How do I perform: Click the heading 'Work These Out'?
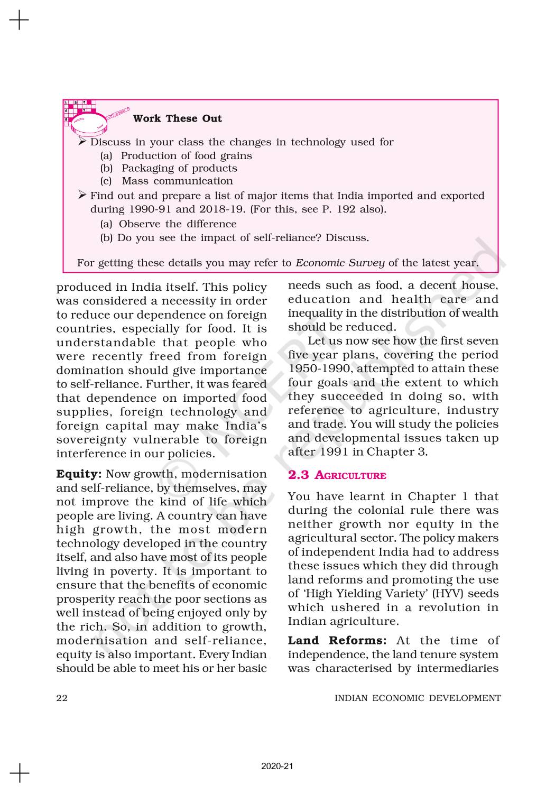pos(177,118)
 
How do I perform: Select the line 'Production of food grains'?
pos(186,155)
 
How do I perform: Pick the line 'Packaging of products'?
pos(179,168)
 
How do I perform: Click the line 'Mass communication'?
pos(177,181)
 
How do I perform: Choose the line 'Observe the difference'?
pos(177,224)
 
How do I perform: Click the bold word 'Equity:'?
pos(79,474)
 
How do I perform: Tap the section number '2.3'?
pos(299,475)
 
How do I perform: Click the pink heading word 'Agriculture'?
pos(350,476)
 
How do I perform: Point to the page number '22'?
pos(62,698)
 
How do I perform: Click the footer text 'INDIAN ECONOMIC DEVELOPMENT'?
pos(418,698)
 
